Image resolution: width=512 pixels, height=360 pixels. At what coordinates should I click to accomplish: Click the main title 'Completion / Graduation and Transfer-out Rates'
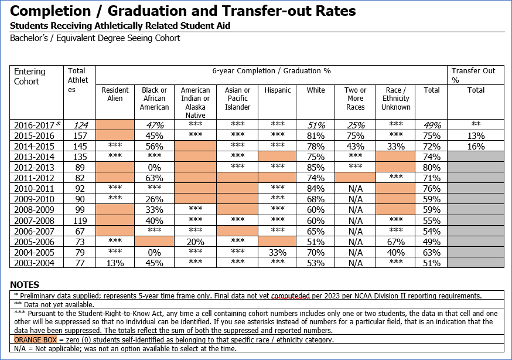183,11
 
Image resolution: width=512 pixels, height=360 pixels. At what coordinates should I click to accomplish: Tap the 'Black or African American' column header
155,99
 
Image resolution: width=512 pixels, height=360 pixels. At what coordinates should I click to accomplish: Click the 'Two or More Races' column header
355,99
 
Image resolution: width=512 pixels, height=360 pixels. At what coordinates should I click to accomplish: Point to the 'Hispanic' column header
278,90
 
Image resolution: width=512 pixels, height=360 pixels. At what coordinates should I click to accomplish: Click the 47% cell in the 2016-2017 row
155,125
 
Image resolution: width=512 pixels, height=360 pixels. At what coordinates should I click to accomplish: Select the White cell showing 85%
316,167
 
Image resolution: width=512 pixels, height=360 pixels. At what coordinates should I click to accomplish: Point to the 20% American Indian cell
195,242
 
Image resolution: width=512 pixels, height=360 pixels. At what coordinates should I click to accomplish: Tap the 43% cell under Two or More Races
355,146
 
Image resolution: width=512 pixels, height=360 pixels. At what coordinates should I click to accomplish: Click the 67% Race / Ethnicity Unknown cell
396,242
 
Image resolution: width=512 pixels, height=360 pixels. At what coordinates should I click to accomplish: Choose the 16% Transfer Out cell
476,146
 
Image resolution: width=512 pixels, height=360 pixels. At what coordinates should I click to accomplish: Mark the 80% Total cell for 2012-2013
432,167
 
